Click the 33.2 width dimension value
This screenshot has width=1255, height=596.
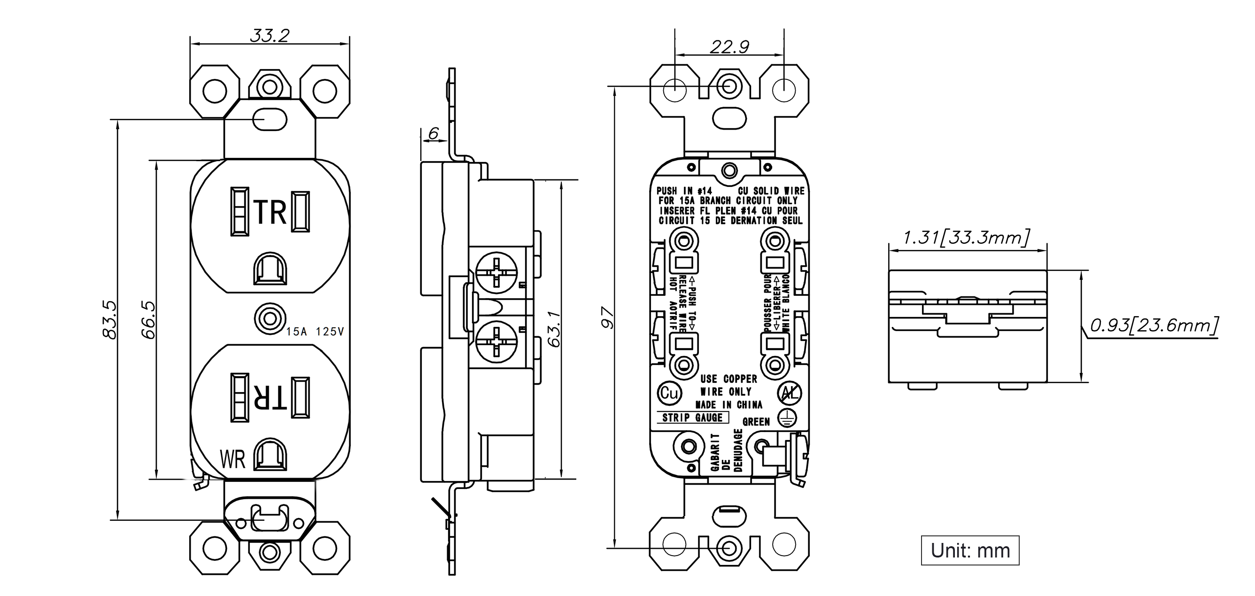[x=270, y=36]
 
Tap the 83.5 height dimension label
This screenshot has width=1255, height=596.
[x=109, y=319]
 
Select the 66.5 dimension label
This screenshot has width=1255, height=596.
[x=148, y=319]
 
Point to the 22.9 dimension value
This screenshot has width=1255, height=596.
[x=729, y=47]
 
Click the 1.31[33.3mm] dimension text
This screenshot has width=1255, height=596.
[x=967, y=238]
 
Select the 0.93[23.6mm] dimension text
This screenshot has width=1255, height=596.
[x=1154, y=325]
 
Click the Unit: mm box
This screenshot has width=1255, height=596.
[x=969, y=551]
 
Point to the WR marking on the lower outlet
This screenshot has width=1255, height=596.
[x=232, y=459]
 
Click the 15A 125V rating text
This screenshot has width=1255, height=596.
[x=315, y=332]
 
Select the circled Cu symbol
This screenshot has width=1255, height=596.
[x=669, y=393]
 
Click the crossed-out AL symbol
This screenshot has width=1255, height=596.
[x=789, y=393]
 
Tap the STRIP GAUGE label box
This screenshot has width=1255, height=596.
[x=692, y=418]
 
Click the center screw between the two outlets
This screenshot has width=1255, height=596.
[x=270, y=320]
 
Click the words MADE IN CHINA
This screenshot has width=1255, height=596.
[x=728, y=405]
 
